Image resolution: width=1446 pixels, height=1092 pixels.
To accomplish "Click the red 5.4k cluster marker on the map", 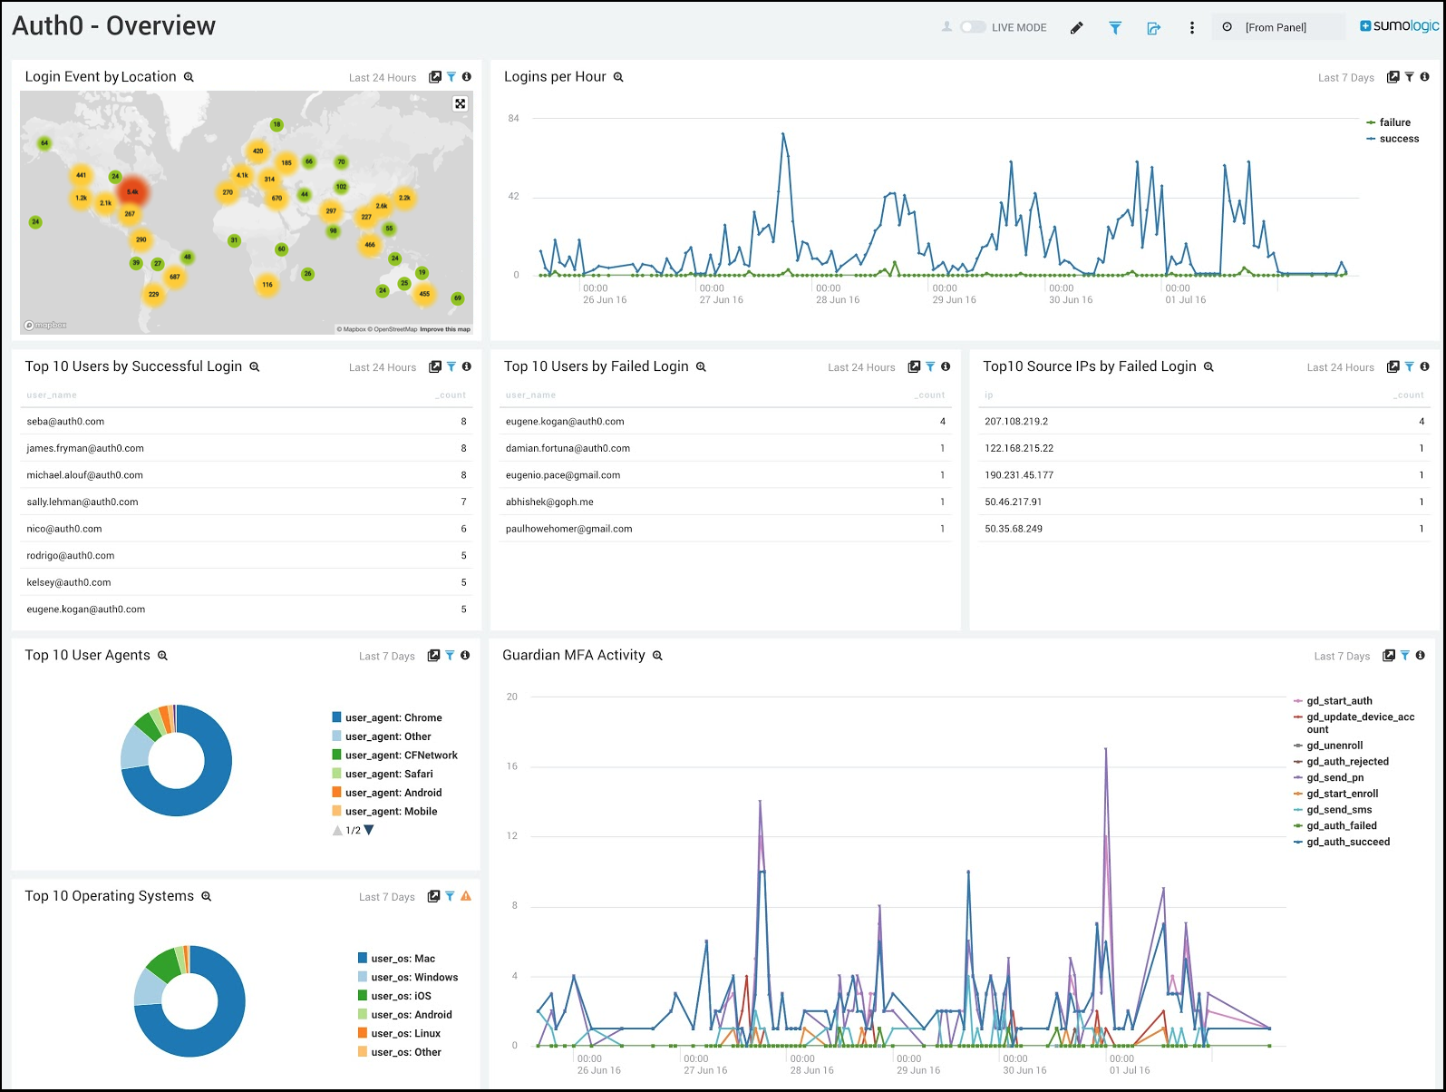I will click(132, 191).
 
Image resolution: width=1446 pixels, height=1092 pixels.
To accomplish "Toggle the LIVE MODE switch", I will click(972, 27).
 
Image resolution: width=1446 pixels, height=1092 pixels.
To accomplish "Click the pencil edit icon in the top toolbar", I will click(1076, 28).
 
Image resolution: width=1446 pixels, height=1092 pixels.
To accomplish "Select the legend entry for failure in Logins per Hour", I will click(1394, 122).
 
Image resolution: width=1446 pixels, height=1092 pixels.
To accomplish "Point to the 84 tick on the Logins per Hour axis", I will click(514, 118).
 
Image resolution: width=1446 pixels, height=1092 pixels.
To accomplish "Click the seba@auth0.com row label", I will click(65, 422).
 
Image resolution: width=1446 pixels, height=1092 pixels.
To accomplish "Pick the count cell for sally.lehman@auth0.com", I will click(463, 502).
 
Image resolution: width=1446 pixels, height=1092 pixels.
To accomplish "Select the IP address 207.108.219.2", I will click(1016, 422).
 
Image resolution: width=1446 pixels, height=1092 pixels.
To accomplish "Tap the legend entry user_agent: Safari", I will click(389, 774).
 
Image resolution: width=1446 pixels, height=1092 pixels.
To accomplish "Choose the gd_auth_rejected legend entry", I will click(1347, 762).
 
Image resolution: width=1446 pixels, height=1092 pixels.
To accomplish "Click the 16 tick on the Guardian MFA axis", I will click(512, 766).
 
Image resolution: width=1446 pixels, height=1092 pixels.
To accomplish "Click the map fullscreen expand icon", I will click(461, 103).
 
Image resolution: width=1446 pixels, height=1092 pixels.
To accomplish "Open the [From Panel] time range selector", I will click(1276, 27).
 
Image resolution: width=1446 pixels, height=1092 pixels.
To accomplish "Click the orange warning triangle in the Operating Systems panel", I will click(466, 896).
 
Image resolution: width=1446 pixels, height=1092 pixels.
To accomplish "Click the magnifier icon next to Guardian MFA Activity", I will click(657, 656).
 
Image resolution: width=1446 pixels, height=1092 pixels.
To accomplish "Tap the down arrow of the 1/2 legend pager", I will click(369, 830).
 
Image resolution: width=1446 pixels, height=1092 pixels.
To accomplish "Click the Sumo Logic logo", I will click(1399, 26).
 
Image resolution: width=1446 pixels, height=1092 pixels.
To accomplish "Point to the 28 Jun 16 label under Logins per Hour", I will click(838, 300).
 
